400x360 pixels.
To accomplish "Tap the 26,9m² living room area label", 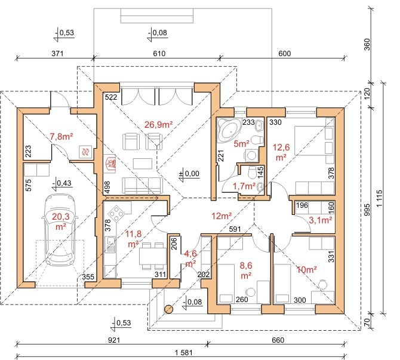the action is pos(158,125).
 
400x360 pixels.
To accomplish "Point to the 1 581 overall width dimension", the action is pos(184,353).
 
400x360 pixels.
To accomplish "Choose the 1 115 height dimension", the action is pos(381,198).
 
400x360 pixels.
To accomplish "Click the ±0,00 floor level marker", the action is pos(189,174).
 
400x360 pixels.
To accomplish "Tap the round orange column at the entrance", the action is pos(168,309).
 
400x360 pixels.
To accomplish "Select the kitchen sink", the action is pos(110,244).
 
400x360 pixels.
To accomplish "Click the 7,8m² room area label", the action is pos(61,137).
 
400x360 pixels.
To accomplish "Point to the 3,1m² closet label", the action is pos(321,220).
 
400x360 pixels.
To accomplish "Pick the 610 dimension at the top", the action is pos(159,54).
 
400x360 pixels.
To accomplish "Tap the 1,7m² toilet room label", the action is pos(244,186).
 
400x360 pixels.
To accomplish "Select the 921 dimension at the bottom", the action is pos(114,340).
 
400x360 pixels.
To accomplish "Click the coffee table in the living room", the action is pos(142,164).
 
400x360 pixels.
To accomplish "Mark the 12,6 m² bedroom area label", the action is pos(281,152).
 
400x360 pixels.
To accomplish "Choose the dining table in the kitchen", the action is pos(153,256).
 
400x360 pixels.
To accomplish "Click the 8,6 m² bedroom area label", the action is pos(246,270).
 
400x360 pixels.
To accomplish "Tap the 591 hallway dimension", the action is pos(235,229).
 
